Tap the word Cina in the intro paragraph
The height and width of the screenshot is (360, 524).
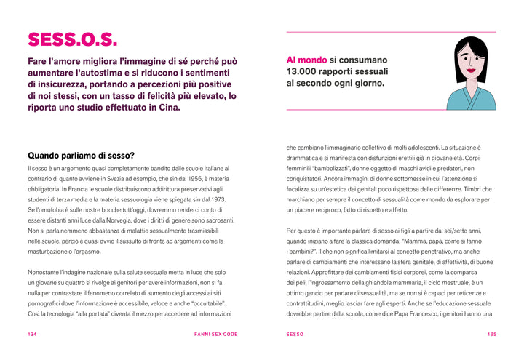[167, 107]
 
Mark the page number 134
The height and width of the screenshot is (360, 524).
[32, 334]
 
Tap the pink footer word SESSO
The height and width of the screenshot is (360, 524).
[295, 334]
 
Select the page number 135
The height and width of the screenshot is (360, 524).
[492, 334]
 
